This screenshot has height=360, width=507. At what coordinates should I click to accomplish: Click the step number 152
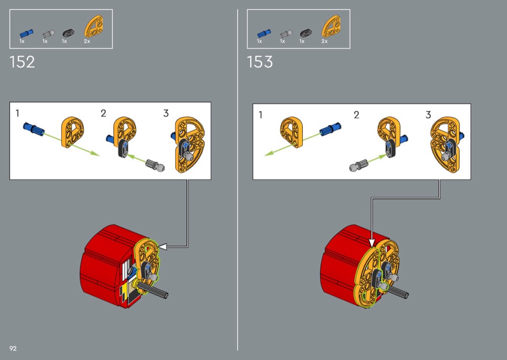tap(22, 62)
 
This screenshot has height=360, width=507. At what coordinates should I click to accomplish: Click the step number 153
tap(260, 62)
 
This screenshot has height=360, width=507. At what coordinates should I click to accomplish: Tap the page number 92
tap(13, 348)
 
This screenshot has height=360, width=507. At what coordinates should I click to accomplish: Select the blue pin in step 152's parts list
tap(27, 33)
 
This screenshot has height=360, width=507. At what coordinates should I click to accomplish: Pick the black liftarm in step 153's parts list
tap(306, 32)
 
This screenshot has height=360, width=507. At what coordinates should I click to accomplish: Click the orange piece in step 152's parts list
tap(95, 27)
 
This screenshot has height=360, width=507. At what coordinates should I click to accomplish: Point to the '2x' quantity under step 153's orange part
tap(324, 42)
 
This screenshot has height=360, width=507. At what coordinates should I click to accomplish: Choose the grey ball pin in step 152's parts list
tap(49, 34)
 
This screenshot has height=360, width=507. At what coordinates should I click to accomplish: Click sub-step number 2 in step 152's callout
tap(103, 113)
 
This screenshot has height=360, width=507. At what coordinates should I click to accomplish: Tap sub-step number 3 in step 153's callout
tap(428, 115)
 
